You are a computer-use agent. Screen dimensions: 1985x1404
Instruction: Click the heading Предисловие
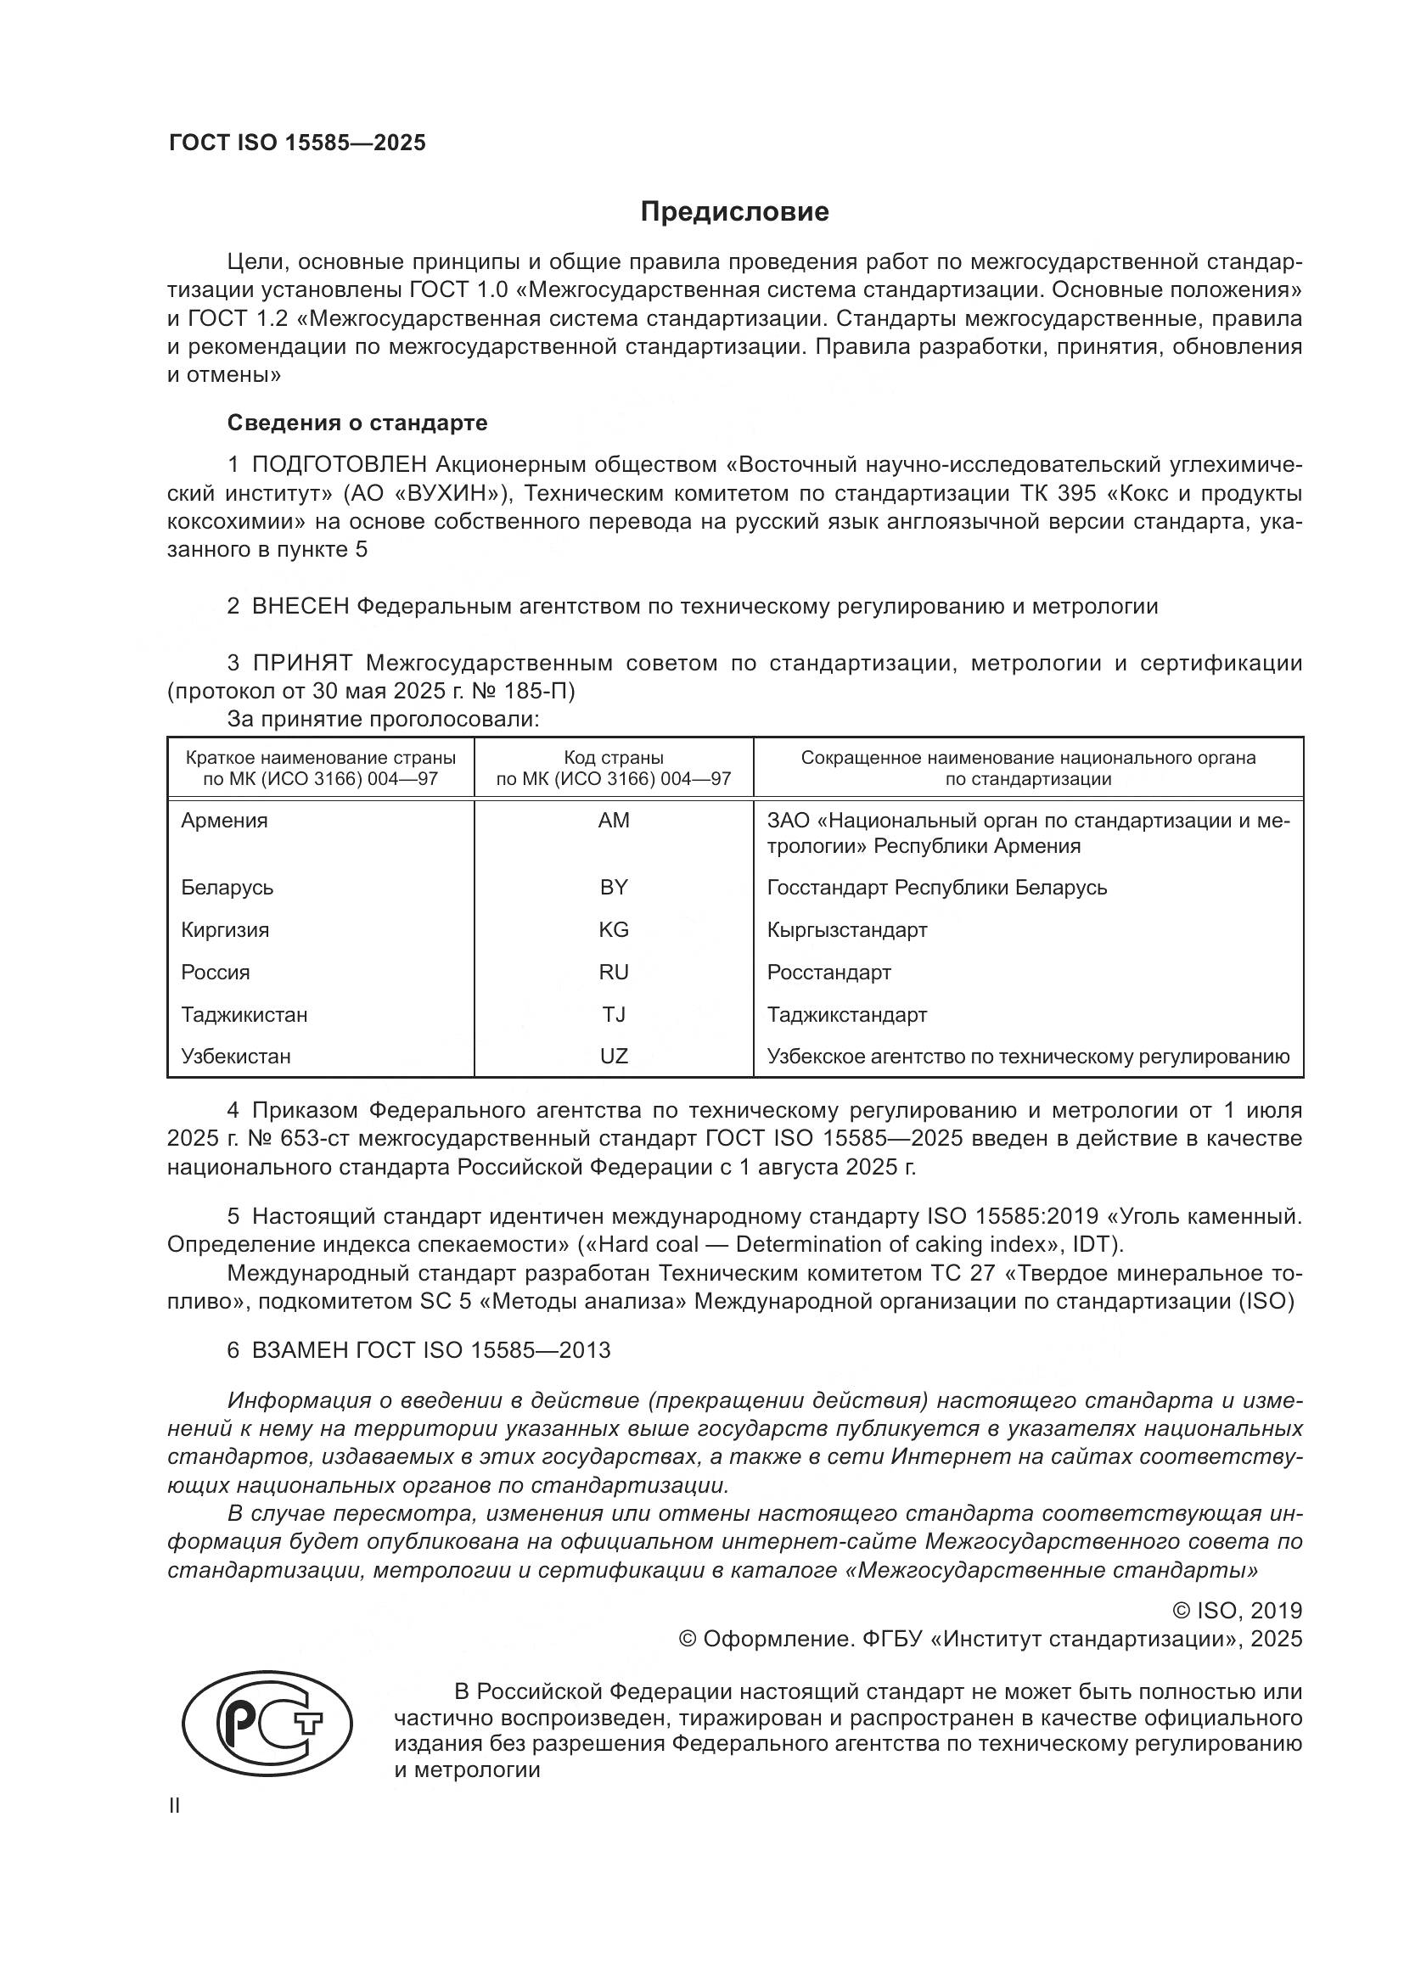point(734,212)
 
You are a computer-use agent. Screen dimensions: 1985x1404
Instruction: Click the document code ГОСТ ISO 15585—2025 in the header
point(297,143)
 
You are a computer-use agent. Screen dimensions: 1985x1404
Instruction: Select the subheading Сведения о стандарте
point(357,423)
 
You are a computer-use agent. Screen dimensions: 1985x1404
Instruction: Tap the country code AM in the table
point(614,820)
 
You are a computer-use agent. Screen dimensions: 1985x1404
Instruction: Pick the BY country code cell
point(614,887)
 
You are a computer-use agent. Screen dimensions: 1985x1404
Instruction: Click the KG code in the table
point(614,929)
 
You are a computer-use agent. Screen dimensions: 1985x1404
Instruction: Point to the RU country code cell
point(614,972)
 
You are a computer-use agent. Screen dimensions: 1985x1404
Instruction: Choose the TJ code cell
point(614,1014)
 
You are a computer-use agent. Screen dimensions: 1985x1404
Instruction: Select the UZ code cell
point(614,1056)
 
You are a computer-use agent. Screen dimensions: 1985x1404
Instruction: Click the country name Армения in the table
point(225,820)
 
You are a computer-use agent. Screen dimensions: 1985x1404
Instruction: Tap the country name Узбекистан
point(236,1056)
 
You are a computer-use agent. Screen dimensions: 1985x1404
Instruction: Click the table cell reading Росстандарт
point(828,972)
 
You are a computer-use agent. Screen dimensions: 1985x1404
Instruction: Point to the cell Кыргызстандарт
point(846,929)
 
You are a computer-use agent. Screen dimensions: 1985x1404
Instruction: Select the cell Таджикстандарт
point(846,1014)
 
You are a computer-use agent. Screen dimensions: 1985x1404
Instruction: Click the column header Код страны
point(614,758)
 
